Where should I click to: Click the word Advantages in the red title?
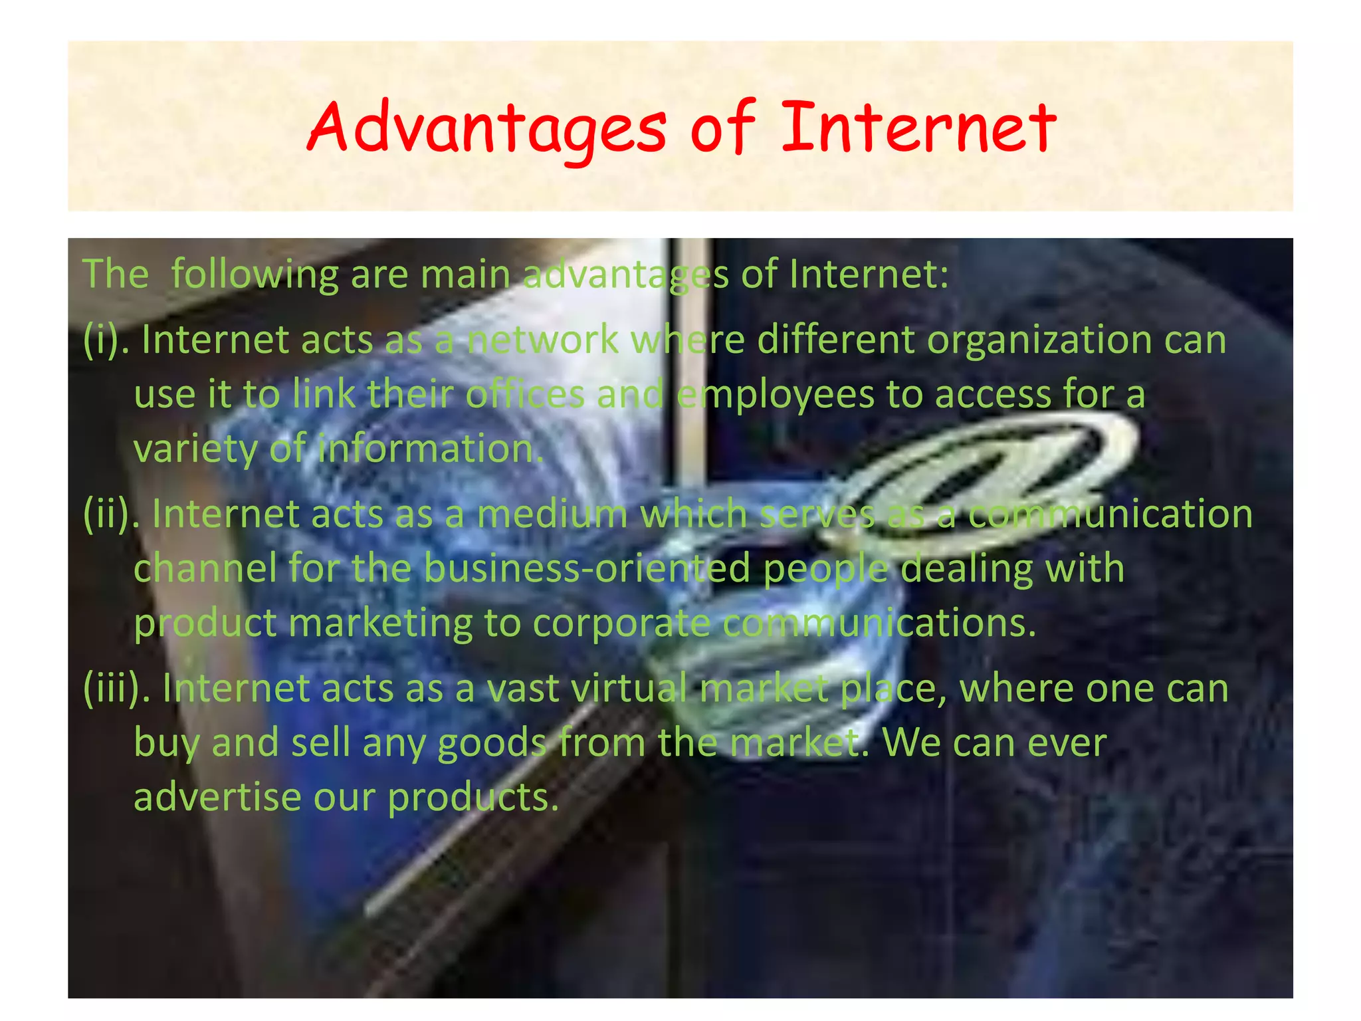(486, 128)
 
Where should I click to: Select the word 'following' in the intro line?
(255, 275)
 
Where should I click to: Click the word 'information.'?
(431, 449)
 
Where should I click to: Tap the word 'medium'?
(552, 514)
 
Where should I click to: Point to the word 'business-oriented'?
(587, 569)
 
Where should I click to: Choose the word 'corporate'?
(621, 624)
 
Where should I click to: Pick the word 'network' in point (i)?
(542, 340)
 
